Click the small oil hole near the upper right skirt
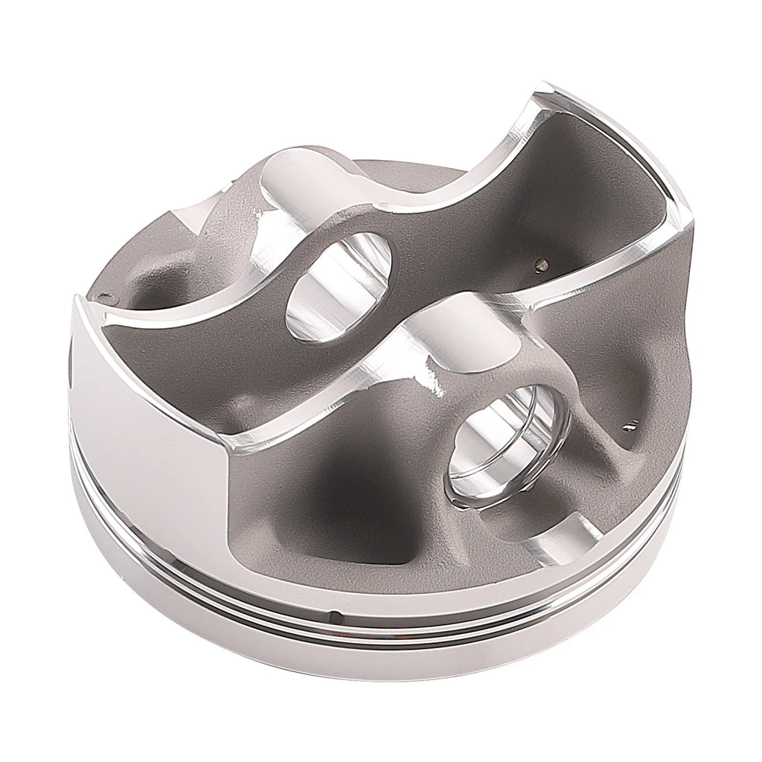coord(541,264)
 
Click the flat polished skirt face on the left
coord(141,417)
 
